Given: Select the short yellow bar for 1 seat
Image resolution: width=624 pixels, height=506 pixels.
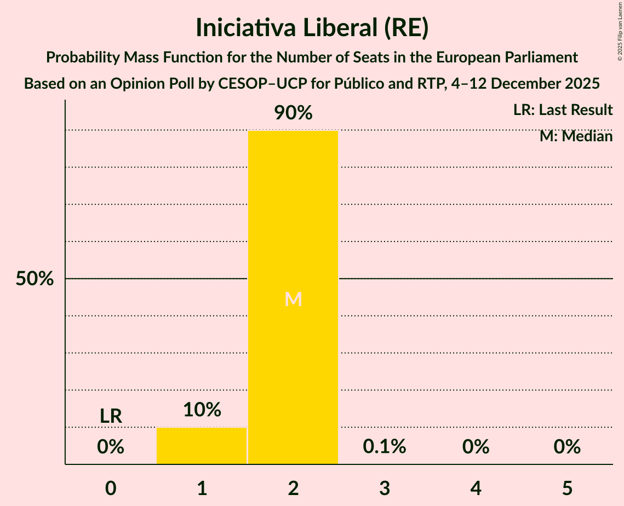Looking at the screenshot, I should [x=202, y=446].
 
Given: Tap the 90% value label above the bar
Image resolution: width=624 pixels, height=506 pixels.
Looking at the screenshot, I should [x=293, y=113].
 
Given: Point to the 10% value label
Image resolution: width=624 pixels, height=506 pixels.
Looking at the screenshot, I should [x=202, y=410].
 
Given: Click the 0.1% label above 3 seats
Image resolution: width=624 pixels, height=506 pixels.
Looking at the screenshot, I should [x=385, y=447].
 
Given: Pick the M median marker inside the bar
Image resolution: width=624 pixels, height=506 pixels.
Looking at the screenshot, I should [x=293, y=299].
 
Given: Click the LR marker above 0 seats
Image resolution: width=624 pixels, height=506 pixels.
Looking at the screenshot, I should [x=111, y=416].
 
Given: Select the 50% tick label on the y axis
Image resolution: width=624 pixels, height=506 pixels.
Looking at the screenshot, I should [x=35, y=279].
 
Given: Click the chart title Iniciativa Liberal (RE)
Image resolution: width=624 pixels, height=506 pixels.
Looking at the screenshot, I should [x=312, y=28].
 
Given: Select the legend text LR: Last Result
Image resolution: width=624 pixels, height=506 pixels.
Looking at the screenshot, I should [x=563, y=110].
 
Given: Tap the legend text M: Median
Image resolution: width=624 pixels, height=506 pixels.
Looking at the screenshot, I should [x=576, y=136].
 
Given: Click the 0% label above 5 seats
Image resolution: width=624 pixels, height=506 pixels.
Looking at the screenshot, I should [x=567, y=447].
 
